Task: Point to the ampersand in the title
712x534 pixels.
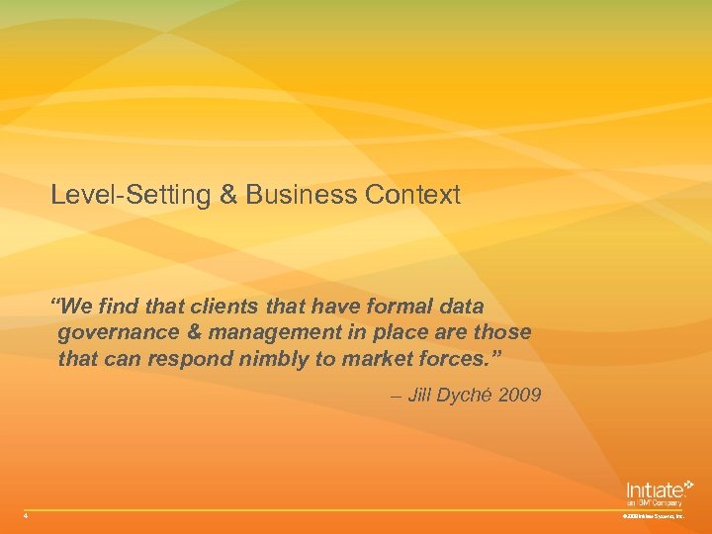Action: (227, 195)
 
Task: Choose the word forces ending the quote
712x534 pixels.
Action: (465, 357)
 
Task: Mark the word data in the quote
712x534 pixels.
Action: (459, 308)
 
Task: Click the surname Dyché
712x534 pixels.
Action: (468, 396)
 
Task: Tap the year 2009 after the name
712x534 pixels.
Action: (520, 396)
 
